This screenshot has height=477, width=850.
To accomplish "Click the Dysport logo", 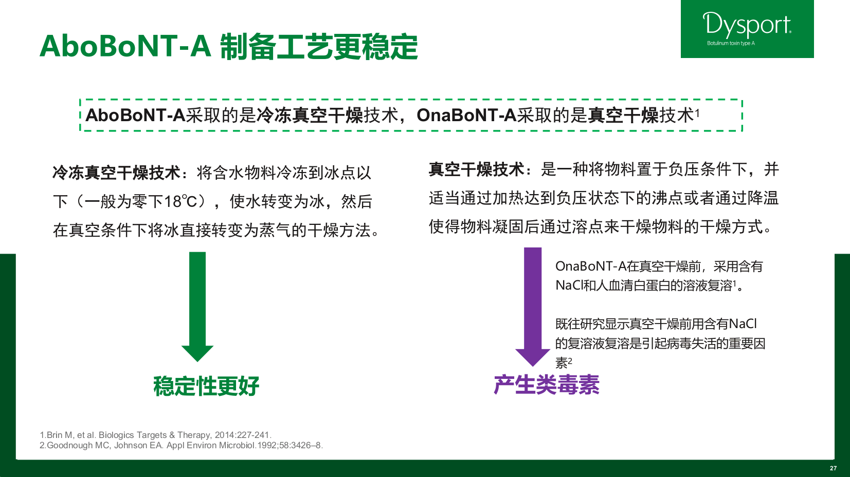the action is pos(747,29).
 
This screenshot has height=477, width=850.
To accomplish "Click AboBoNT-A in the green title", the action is pos(125,46).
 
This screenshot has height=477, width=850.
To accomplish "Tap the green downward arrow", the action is pos(197,307).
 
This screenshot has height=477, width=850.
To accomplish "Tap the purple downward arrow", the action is pos(533,307).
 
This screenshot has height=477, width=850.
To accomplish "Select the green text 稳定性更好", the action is pos(206,386).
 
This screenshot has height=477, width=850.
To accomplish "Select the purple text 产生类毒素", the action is pos(547,385).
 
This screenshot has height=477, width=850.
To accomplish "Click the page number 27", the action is pos(834,468).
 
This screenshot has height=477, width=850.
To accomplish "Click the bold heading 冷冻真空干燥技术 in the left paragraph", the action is pos(117,173).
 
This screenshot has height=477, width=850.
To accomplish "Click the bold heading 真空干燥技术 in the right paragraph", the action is pos(477,169).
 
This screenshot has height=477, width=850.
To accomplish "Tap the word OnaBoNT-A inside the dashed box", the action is pos(466,115).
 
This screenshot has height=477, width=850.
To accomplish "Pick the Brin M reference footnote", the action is pos(156,435).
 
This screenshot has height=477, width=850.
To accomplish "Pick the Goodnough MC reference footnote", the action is pos(182,445).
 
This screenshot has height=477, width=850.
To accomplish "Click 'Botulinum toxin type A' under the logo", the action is pos(731,43).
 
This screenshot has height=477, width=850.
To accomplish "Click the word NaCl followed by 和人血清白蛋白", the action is pos(569,285).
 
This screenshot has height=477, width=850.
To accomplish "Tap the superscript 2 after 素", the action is pos(570,360).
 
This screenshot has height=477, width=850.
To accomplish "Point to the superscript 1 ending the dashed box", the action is pos(697,112).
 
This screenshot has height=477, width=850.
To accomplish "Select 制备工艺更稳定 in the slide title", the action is pos(319,47).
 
